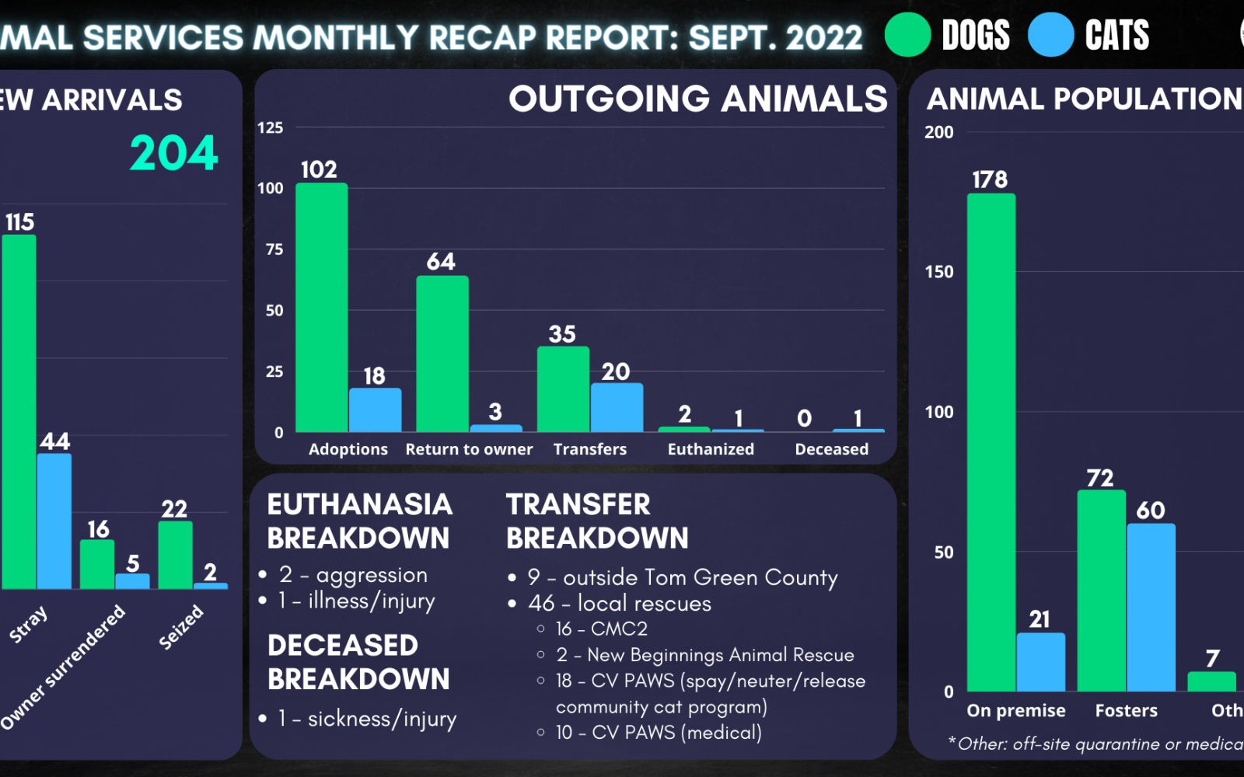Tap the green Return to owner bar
442,354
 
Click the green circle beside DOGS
907,35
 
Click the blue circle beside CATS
1050,35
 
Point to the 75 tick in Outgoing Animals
274,249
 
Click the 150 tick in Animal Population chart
938,272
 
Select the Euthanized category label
711,449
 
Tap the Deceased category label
831,449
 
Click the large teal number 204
174,153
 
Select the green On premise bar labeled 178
991,442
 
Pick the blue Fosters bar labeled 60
1151,607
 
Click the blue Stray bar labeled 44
54,521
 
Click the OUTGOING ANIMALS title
697,99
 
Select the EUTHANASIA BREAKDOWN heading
359,521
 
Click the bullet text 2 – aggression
354,575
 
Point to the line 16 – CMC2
601,629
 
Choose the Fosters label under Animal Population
1126,710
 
